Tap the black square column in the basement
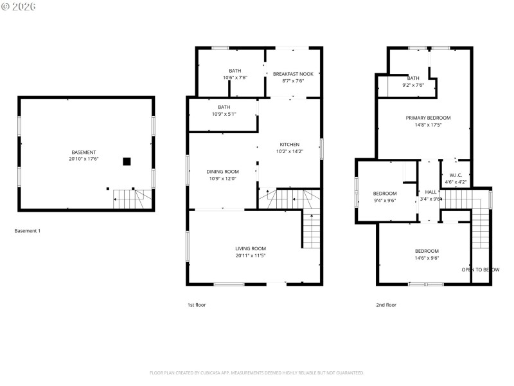click(x=127, y=161)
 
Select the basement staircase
click(x=133, y=199)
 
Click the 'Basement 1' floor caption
click(x=27, y=231)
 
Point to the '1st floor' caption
click(x=197, y=305)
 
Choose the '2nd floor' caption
click(x=386, y=305)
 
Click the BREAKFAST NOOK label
click(x=293, y=73)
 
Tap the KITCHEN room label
click(x=289, y=144)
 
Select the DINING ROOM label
click(x=222, y=171)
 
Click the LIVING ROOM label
click(x=250, y=248)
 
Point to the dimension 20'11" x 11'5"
click(x=250, y=256)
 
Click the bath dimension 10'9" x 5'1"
click(x=224, y=115)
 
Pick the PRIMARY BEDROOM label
click(x=428, y=118)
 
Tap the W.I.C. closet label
click(x=456, y=175)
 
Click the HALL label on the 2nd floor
click(x=430, y=192)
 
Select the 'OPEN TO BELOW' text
click(x=480, y=270)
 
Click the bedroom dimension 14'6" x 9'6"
click(x=427, y=258)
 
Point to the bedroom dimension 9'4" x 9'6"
click(x=385, y=200)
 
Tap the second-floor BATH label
click(x=413, y=78)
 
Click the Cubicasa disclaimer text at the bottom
click(x=257, y=372)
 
